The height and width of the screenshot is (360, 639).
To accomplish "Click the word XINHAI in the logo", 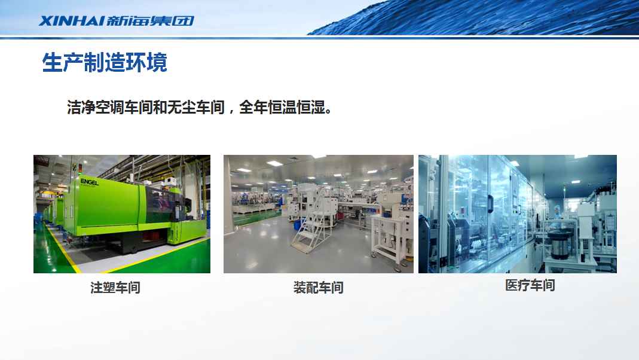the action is pyautogui.click(x=71, y=21).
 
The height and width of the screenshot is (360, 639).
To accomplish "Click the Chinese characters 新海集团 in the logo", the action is pyautogui.click(x=150, y=21).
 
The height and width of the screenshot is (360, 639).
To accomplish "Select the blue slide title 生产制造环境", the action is pyautogui.click(x=105, y=62).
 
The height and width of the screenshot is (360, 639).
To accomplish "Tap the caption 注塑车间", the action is pyautogui.click(x=115, y=288).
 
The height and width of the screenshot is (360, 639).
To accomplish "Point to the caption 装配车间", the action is pyautogui.click(x=318, y=288).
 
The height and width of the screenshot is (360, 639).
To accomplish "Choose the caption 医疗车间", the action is pyautogui.click(x=530, y=285).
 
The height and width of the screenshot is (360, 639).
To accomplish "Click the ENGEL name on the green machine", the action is pyautogui.click(x=89, y=182).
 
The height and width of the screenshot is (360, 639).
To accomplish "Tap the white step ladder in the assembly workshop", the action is pyautogui.click(x=308, y=230).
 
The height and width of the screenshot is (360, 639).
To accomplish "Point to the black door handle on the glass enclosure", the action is pyautogui.click(x=490, y=203).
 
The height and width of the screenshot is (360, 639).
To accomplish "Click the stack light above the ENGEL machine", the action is pyautogui.click(x=80, y=169).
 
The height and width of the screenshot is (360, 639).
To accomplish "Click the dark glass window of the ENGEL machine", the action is pyautogui.click(x=160, y=203).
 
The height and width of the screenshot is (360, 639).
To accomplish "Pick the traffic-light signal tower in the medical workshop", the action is pyautogui.click(x=565, y=191).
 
